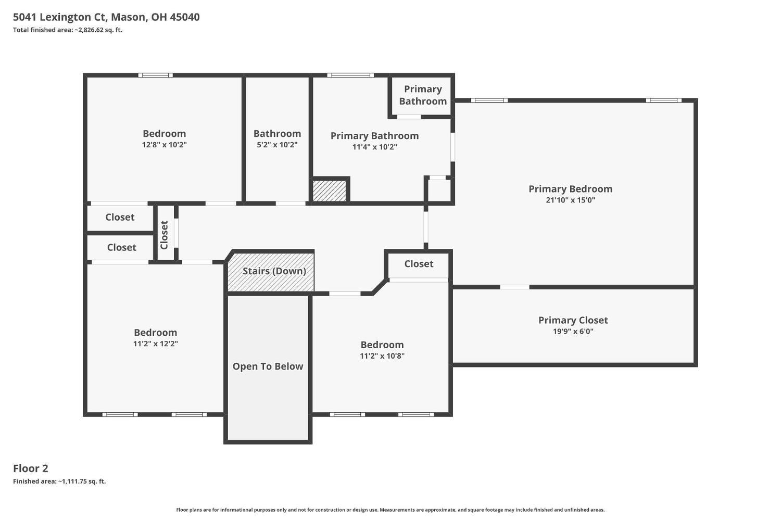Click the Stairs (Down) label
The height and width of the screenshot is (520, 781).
(274, 271)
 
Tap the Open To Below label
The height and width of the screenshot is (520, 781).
(268, 366)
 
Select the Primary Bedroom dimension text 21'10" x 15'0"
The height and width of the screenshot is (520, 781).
(571, 200)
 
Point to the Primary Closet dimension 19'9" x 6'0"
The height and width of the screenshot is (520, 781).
(573, 332)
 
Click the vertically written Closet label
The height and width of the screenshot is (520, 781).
(164, 235)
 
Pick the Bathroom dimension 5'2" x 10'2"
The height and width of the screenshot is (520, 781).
(277, 145)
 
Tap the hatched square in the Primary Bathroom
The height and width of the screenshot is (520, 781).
(329, 191)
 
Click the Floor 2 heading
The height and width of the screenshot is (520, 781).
(31, 468)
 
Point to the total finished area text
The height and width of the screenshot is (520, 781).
(68, 30)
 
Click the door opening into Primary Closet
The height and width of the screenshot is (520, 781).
(514, 287)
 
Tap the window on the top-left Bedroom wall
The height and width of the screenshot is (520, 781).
(156, 75)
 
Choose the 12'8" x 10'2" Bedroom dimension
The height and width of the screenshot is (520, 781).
(164, 145)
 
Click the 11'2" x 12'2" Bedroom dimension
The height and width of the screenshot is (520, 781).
(156, 344)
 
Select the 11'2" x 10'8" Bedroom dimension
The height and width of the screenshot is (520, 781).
(382, 356)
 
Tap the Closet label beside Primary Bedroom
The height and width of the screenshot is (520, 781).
(419, 264)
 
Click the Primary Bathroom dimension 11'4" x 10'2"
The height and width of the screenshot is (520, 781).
(375, 147)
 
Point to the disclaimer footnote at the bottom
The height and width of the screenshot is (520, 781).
(390, 510)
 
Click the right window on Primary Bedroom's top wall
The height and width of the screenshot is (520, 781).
(663, 100)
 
